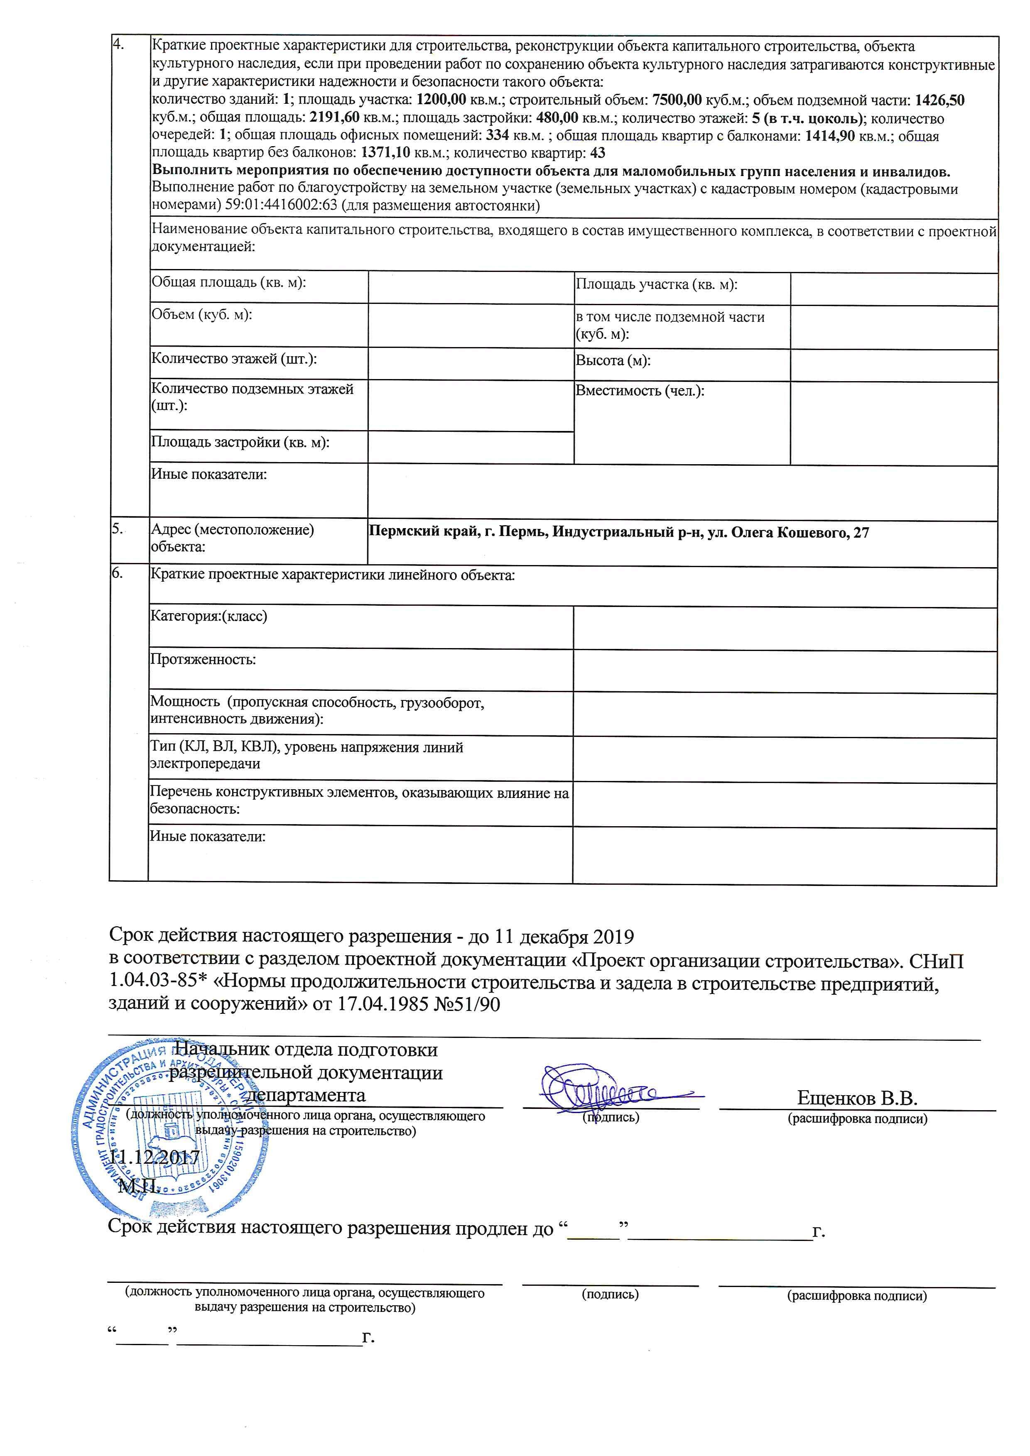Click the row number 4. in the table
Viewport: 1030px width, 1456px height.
click(118, 44)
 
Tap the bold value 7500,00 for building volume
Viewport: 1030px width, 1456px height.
click(677, 100)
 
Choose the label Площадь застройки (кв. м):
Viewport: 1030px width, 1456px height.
click(240, 443)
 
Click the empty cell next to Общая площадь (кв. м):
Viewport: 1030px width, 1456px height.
click(470, 287)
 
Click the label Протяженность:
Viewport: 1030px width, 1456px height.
click(203, 660)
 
